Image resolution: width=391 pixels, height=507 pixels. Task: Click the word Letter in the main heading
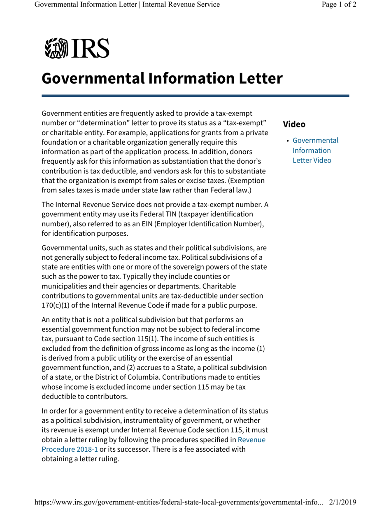(255, 78)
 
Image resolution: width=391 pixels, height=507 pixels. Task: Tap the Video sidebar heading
(294, 124)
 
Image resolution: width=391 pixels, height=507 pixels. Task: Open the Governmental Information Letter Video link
(315, 150)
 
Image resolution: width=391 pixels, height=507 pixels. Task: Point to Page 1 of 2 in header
(339, 5)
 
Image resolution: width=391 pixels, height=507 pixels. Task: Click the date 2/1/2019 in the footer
(342, 502)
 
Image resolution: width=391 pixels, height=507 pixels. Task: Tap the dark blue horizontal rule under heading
(195, 96)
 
